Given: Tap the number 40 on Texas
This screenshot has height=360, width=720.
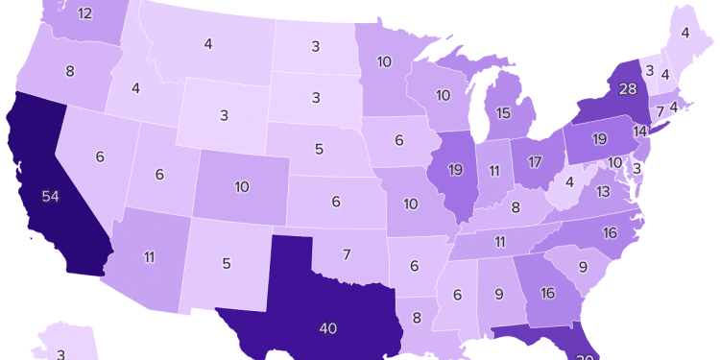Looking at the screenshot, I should [328, 328].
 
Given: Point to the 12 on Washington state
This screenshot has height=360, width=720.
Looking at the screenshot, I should [84, 13].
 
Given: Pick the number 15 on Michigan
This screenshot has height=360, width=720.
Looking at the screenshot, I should [502, 113].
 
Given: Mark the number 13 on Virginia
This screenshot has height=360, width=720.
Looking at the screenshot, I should [603, 192].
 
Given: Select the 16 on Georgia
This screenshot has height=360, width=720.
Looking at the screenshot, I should [548, 293].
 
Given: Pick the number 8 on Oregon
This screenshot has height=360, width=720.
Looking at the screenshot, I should [69, 70].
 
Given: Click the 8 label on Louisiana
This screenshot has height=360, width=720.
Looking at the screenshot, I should [416, 318].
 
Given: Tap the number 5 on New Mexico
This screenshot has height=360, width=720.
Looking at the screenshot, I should [227, 264].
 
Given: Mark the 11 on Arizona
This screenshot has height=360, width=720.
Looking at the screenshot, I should [150, 256].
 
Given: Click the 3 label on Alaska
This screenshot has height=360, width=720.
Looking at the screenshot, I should [60, 354].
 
